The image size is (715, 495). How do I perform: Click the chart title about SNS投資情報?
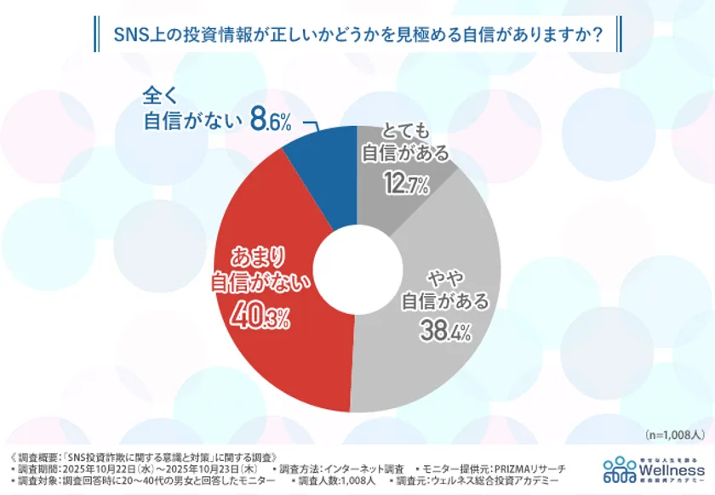coord(357,36)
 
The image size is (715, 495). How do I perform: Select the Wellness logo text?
coord(673,467)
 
